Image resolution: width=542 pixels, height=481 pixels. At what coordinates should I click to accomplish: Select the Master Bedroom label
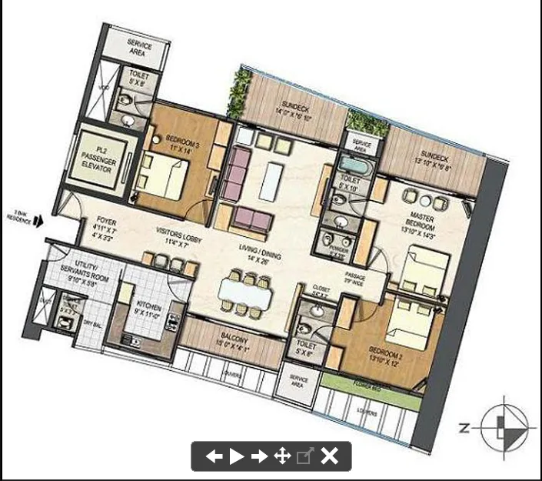pos(419,224)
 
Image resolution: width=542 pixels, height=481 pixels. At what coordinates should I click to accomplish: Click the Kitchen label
pos(145,309)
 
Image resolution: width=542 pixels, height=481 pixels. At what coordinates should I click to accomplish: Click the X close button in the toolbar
pos(329,456)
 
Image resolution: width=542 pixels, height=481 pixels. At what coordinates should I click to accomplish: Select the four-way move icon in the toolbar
pos(282,456)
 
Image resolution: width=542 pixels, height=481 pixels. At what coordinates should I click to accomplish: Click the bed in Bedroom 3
pos(163,177)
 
